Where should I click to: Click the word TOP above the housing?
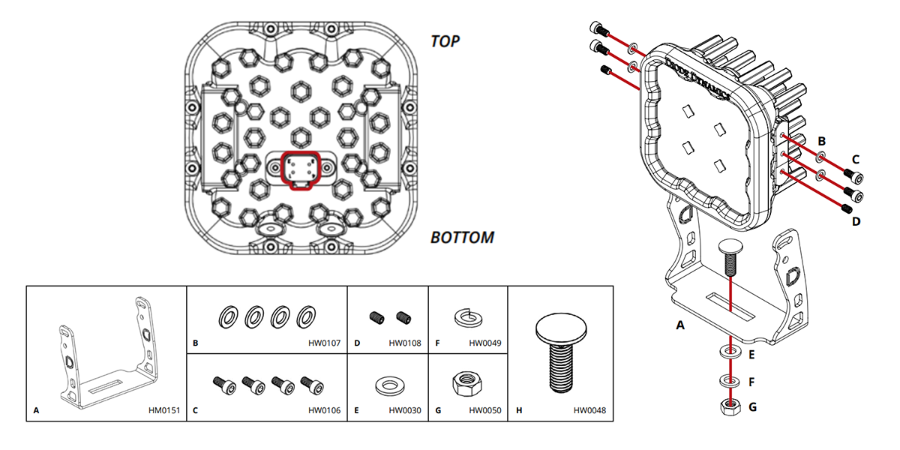click(445, 40)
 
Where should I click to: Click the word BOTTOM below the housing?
click(462, 238)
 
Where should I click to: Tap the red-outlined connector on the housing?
click(300, 169)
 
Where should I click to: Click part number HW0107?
click(324, 343)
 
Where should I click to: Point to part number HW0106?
click(324, 411)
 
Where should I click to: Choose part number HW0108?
click(405, 343)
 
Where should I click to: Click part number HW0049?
click(485, 343)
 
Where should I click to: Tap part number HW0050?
click(485, 411)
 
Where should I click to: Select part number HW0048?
click(589, 411)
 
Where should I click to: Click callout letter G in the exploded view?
click(752, 408)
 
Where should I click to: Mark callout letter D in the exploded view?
click(855, 221)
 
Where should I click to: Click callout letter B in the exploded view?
click(821, 140)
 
